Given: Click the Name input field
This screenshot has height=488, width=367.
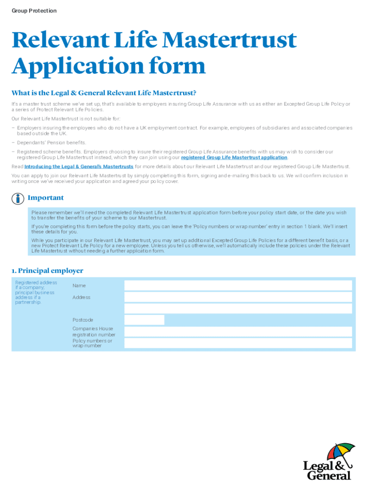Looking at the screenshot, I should (238, 285).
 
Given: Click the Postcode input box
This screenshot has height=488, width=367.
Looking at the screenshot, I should (144, 320).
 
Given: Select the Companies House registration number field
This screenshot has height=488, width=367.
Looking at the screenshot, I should (238, 331).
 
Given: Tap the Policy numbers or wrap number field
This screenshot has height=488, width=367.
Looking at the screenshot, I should (238, 343).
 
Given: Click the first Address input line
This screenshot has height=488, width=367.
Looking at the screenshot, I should (238, 297).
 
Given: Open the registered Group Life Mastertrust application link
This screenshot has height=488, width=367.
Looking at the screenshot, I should (234, 157).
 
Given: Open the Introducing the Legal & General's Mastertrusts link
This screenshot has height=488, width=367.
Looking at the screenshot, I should (79, 166).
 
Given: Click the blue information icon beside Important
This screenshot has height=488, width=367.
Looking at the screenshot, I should (18, 198).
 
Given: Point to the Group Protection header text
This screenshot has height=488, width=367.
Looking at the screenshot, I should (34, 10).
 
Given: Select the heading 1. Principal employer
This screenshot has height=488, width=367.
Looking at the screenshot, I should (47, 271).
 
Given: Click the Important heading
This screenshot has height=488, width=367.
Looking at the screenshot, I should (45, 198).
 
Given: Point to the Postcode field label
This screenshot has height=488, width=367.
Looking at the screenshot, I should (82, 320).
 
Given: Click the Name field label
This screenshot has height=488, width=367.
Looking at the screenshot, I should (79, 285).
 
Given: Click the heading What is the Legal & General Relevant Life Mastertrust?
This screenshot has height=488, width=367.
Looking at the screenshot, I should (104, 92).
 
